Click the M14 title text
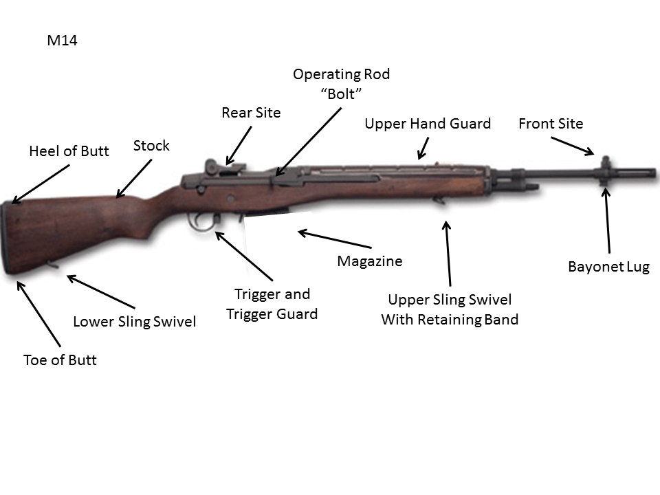[62, 41]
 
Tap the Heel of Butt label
[69, 151]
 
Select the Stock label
[151, 146]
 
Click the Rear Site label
[251, 113]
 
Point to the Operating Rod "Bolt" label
[342, 83]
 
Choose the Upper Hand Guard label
[428, 124]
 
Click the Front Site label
[551, 124]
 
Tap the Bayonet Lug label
[608, 267]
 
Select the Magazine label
[370, 261]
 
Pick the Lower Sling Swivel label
[135, 321]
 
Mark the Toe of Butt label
[60, 360]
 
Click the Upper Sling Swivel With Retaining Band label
[450, 309]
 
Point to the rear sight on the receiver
[212, 166]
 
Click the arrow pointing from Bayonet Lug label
[607, 220]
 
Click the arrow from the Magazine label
[334, 240]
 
